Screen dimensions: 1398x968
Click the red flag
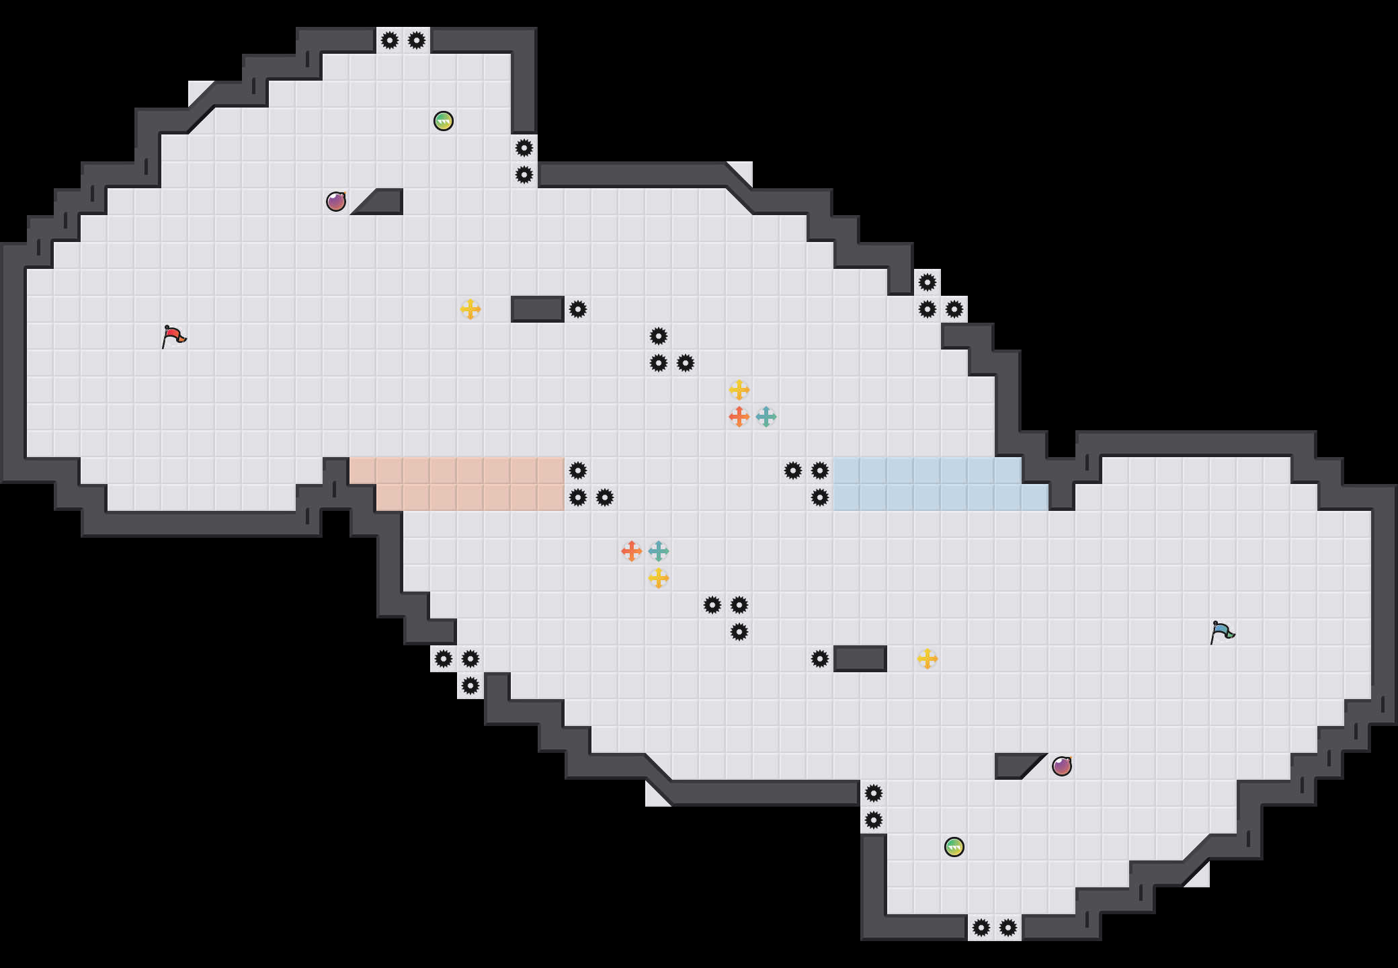pyautogui.click(x=173, y=335)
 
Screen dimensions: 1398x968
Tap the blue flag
pyautogui.click(x=1222, y=632)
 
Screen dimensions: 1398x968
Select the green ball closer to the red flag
pyautogui.click(x=444, y=121)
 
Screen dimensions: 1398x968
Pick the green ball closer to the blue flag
pyautogui.click(x=954, y=847)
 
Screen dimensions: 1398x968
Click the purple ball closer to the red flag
pyautogui.click(x=336, y=202)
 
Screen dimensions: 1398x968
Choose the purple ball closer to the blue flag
pyautogui.click(x=1062, y=766)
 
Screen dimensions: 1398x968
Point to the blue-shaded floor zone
pyautogui.click(x=928, y=484)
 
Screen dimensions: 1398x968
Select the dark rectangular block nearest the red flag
pyautogui.click(x=538, y=309)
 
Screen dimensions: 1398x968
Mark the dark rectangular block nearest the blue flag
pyautogui.click(x=860, y=659)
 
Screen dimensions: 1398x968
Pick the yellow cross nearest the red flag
pyautogui.click(x=470, y=309)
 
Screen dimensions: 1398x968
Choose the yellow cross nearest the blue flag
pyautogui.click(x=928, y=659)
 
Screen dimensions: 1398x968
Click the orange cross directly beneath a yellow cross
pyautogui.click(x=739, y=417)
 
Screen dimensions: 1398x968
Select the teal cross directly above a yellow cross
pyautogui.click(x=659, y=551)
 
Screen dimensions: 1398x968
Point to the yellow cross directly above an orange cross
pyautogui.click(x=739, y=390)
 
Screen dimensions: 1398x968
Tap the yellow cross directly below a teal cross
pyautogui.click(x=659, y=578)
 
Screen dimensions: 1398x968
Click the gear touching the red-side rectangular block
pyautogui.click(x=578, y=309)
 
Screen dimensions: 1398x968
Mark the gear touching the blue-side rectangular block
pyautogui.click(x=820, y=659)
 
